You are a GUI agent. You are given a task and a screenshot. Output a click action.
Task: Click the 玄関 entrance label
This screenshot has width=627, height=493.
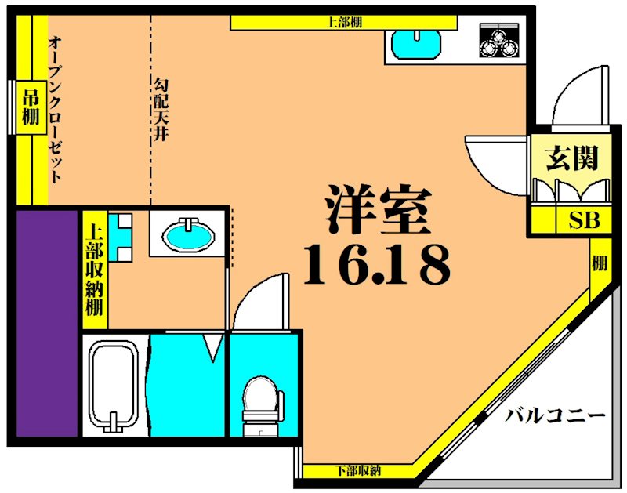pyautogui.click(x=572, y=158)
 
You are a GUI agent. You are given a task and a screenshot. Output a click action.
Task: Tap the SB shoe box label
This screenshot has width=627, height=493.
pyautogui.click(x=583, y=220)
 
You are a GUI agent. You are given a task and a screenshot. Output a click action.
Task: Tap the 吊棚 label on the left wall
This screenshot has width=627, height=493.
pyautogui.click(x=30, y=107)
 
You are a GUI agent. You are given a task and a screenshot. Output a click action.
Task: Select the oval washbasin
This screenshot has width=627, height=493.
pyautogui.click(x=188, y=234)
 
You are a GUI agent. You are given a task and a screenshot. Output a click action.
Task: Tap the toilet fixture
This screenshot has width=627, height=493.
pyautogui.click(x=259, y=400)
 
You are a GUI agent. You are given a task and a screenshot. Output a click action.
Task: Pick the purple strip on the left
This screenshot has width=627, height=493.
pyautogui.click(x=46, y=321)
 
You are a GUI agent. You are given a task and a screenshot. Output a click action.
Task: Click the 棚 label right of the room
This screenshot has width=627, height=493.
pyautogui.click(x=600, y=263)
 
